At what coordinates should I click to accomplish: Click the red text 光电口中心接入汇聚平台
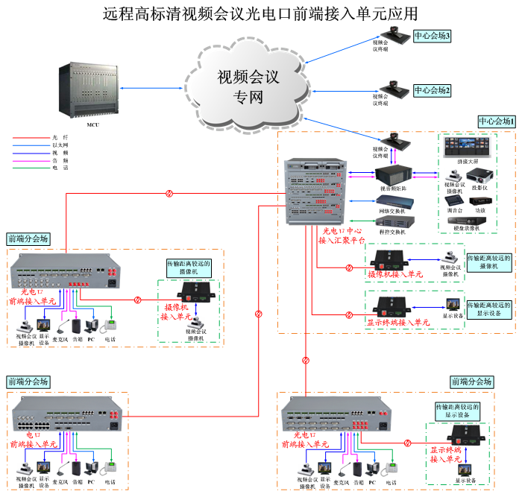point(342,236)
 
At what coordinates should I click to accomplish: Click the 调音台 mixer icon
point(453,200)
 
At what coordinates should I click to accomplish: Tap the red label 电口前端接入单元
point(34,439)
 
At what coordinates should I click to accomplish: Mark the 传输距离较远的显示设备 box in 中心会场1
point(489,309)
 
